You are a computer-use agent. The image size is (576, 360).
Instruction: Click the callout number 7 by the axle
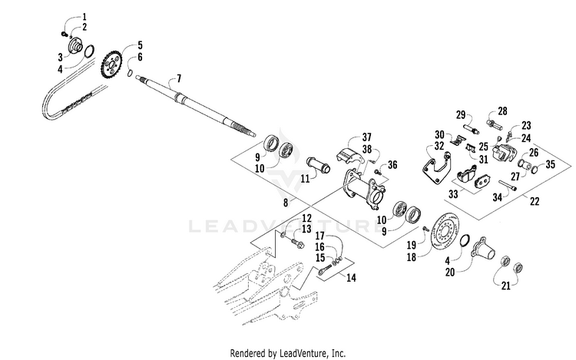coord(179,78)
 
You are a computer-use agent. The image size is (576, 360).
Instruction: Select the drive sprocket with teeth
coord(114,64)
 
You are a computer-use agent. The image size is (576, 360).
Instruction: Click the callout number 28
coord(503,111)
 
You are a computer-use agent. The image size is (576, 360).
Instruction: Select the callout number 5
coord(139,45)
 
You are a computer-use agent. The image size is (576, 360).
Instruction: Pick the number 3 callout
coord(60,56)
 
